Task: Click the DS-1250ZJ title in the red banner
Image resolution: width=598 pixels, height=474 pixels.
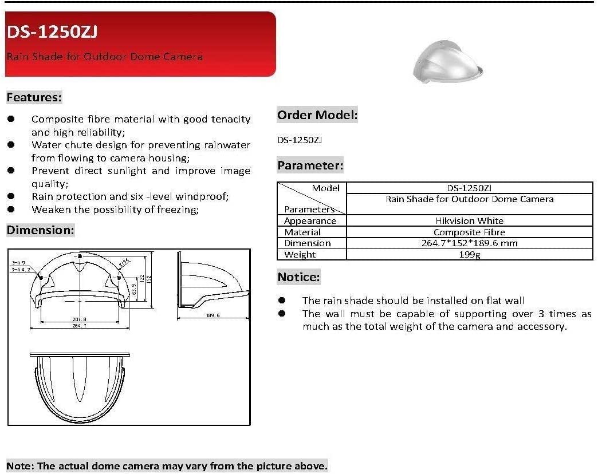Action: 52,32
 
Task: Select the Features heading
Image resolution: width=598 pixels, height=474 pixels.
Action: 34,97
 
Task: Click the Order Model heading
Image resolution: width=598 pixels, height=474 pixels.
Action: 317,115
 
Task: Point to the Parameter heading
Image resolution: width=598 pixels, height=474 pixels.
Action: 310,166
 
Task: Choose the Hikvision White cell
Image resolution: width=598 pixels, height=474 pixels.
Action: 469,220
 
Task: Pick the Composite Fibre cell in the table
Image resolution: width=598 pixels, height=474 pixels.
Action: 469,232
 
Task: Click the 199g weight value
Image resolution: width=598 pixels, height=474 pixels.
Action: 469,254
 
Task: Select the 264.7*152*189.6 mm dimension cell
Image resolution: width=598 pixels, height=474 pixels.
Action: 469,243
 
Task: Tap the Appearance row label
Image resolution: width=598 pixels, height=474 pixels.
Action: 310,220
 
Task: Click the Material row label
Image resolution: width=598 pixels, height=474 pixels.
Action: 302,232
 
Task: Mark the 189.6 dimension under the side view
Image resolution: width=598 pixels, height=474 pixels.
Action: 212,315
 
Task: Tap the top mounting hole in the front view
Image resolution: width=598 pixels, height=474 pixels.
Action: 80,255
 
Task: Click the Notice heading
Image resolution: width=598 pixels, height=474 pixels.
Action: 298,277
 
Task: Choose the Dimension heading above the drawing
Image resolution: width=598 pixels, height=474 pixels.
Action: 40,230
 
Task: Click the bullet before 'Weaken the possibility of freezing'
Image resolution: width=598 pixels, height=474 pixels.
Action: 11,209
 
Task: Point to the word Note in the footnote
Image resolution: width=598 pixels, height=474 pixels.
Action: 19,465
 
